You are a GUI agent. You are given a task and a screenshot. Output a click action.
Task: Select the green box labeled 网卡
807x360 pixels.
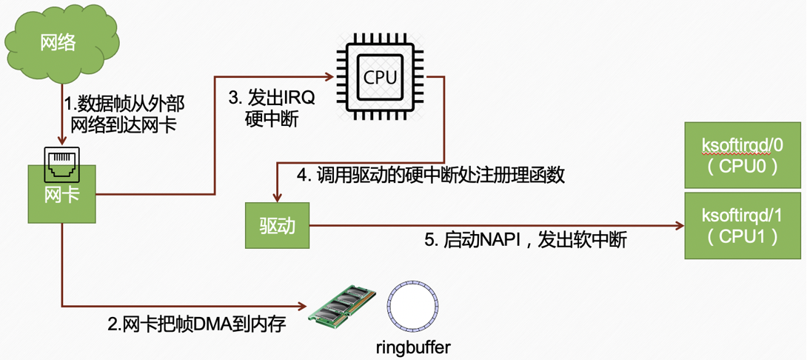point(62,195)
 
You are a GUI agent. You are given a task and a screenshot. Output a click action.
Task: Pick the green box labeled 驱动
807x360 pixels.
point(277,225)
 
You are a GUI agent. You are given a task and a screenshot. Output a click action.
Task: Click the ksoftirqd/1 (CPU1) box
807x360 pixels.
point(740,225)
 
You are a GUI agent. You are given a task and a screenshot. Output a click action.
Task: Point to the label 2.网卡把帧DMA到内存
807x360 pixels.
point(196,324)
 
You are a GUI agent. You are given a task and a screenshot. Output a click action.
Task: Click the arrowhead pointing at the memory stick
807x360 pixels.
point(303,305)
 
